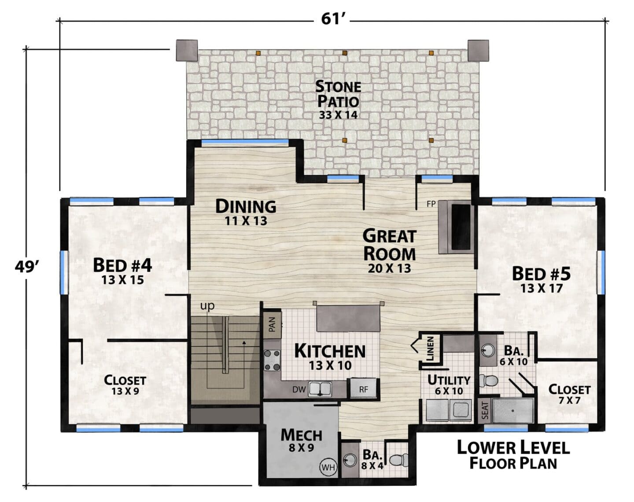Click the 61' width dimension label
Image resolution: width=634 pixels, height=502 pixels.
point(331,19)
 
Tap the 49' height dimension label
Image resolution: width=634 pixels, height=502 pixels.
point(27,268)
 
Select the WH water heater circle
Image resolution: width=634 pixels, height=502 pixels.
point(328,467)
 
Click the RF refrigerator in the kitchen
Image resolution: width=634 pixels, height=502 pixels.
point(363,389)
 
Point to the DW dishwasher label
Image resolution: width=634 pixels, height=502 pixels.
point(299,390)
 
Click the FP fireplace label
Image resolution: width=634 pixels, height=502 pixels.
point(431,204)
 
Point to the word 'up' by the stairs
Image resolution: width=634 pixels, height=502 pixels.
point(207,306)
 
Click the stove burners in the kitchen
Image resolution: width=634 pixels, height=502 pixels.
point(272,360)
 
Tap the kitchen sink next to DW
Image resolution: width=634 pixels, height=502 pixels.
point(320,389)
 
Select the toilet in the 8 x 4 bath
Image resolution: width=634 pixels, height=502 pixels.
point(399,460)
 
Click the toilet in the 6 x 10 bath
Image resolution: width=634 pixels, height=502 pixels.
point(488,380)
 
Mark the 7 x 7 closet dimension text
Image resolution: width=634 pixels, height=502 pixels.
point(569,401)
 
